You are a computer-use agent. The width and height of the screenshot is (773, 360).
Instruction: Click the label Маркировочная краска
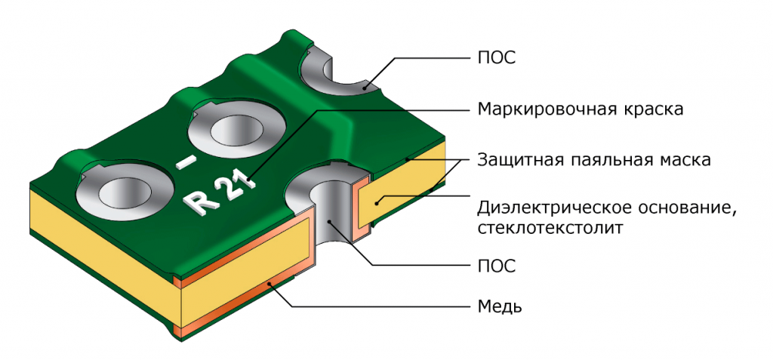(x=581, y=109)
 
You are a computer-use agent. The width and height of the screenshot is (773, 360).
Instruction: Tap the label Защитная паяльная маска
(x=594, y=160)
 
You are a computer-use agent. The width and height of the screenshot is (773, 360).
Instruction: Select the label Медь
(x=500, y=306)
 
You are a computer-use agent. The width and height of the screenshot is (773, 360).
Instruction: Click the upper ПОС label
(x=497, y=57)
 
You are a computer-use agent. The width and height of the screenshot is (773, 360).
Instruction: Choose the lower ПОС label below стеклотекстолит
(x=497, y=266)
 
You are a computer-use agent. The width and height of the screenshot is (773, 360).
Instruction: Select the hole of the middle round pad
(x=234, y=131)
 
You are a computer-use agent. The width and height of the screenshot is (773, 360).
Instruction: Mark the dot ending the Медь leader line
(x=269, y=283)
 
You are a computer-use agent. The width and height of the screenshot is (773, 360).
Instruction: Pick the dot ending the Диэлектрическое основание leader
(x=377, y=202)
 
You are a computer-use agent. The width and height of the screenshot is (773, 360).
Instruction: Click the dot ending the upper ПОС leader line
(x=364, y=88)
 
